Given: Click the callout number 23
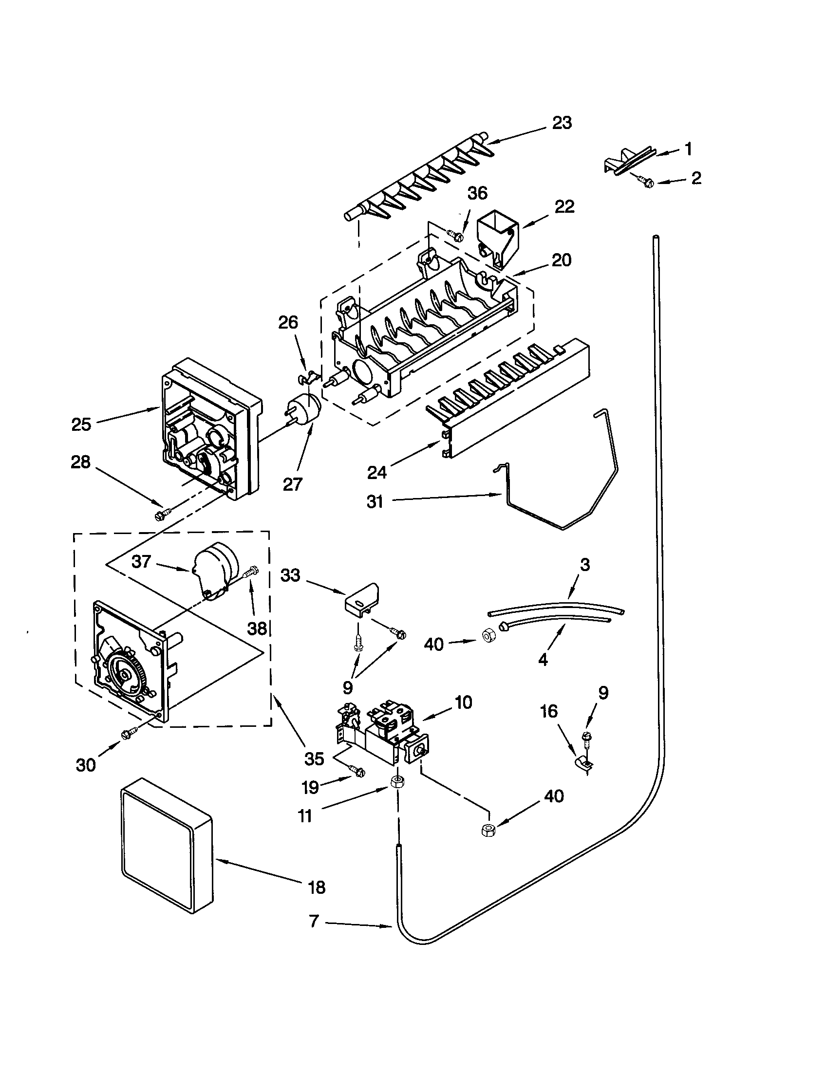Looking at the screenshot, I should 562,123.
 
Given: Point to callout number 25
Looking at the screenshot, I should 81,424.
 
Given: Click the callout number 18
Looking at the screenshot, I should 317,887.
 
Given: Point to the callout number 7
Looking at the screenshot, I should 315,922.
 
